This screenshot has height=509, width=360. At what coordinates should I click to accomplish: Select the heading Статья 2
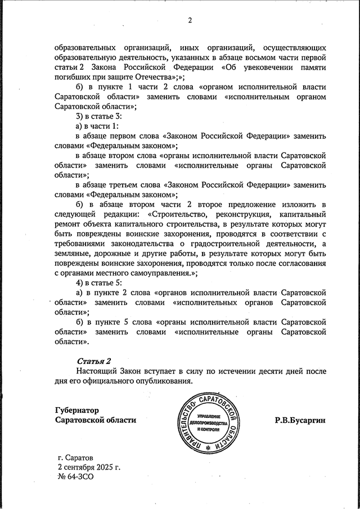pyautogui.click(x=93, y=360)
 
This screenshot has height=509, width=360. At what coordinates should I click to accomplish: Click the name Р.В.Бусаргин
pyautogui.click(x=300, y=420)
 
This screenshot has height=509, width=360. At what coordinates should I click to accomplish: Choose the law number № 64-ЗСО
pyautogui.click(x=75, y=476)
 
